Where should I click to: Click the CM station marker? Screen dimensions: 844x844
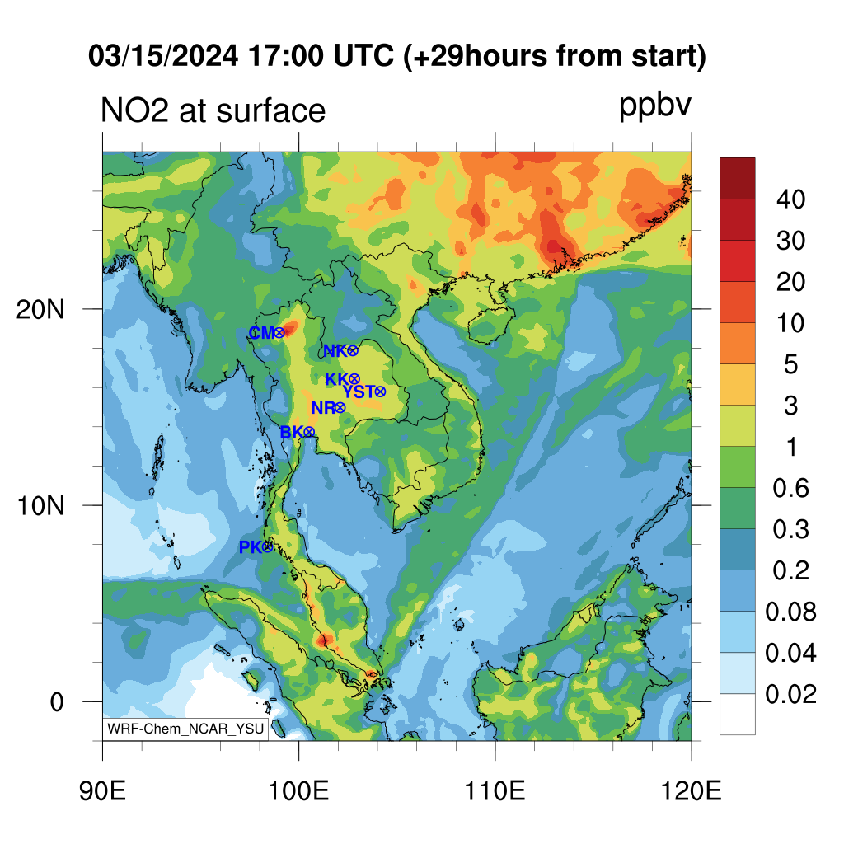(279, 333)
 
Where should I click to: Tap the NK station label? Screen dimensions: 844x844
(335, 351)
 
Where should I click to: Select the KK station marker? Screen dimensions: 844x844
(354, 379)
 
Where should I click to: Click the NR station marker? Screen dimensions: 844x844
(340, 408)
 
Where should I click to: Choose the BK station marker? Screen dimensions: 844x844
(309, 432)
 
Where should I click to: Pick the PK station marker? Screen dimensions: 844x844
(267, 547)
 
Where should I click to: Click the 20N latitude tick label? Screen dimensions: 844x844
(41, 310)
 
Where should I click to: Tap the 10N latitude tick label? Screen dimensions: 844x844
(41, 506)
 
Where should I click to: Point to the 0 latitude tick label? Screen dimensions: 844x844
(57, 702)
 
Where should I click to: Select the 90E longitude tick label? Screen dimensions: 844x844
(102, 791)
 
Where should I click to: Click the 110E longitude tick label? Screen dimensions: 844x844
(495, 791)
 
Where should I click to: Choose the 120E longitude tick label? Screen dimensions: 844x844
(692, 791)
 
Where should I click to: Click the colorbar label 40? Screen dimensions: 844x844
(790, 199)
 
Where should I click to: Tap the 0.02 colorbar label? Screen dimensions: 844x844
(790, 694)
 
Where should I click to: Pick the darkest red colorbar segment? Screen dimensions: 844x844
(738, 178)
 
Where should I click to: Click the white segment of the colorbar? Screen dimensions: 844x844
(738, 714)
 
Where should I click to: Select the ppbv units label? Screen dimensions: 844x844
(655, 106)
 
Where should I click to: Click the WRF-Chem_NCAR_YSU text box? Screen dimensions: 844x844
(185, 729)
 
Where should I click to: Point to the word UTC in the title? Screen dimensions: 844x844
(363, 56)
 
